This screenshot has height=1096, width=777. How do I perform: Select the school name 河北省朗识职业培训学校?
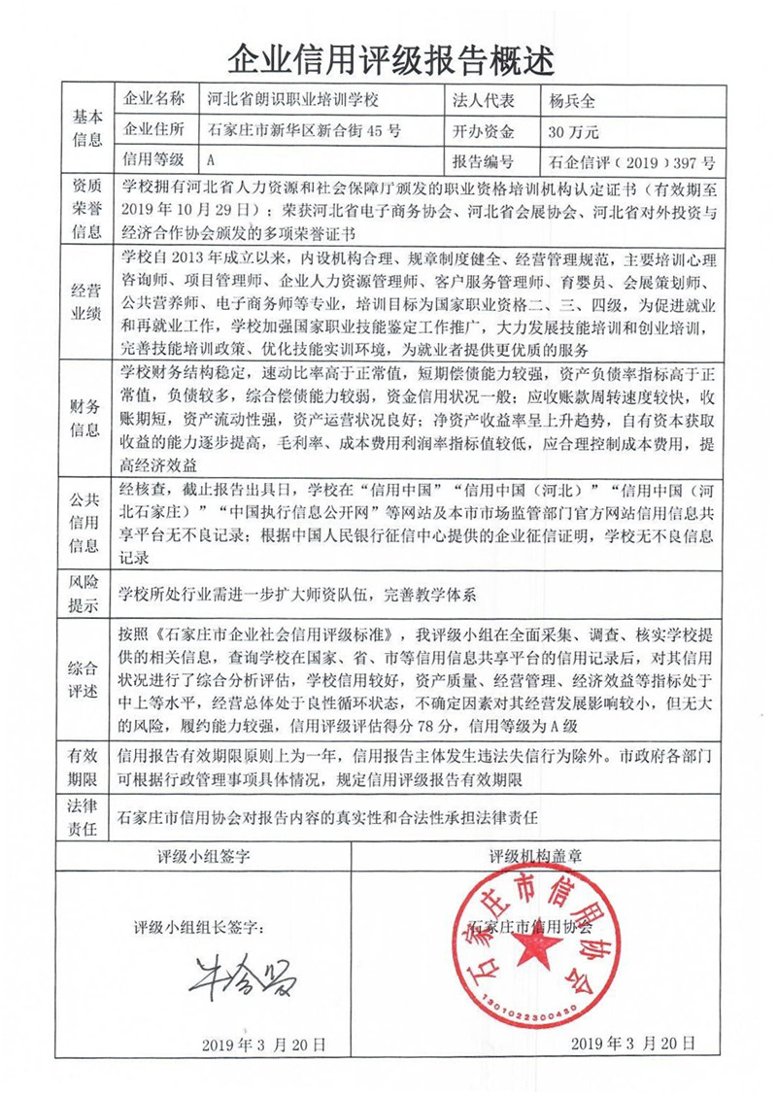(291, 101)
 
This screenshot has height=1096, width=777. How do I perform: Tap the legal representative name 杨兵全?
(572, 101)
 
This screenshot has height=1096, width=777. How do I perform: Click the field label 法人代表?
(483, 101)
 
